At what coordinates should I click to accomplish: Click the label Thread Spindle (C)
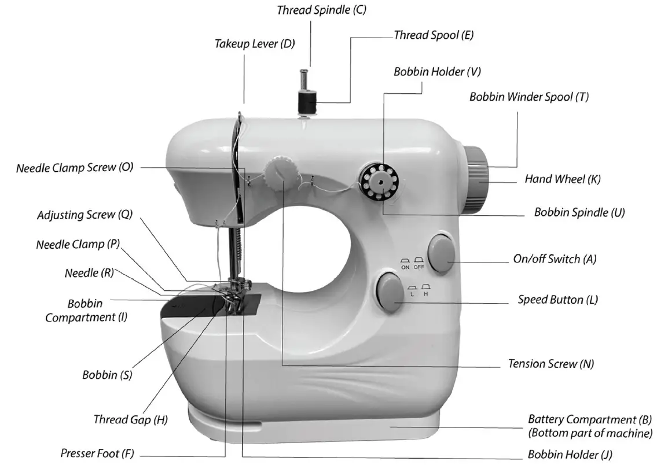point(321,10)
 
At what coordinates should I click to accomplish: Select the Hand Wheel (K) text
point(563,179)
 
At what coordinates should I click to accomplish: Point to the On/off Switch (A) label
point(555,259)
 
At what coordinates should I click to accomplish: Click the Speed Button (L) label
point(557,300)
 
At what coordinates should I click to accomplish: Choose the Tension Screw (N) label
point(550,364)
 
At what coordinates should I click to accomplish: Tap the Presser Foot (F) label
point(97,453)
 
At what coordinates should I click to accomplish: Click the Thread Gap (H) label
point(130,419)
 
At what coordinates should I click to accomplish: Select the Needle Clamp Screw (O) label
point(75,168)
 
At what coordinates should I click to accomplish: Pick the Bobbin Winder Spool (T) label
point(528,97)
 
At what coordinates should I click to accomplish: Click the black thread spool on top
point(305,103)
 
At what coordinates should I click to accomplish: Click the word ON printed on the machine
point(405,267)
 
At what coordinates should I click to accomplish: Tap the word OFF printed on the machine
point(419,267)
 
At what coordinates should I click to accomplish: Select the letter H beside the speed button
point(426,294)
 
